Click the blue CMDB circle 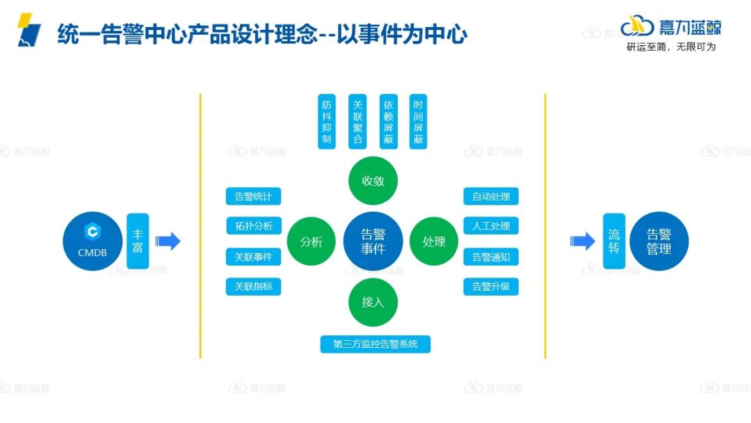pos(92,241)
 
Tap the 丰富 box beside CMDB pos(138,241)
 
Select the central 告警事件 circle pos(373,241)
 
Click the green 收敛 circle pos(373,181)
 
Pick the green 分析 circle pos(312,241)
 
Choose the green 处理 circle pos(434,241)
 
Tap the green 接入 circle pos(373,302)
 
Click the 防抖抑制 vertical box pos(327,121)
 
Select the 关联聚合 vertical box pos(357,121)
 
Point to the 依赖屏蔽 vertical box pos(388,121)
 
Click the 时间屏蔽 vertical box pos(418,121)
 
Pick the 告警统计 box pos(253,196)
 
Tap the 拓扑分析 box pos(253,226)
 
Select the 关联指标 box pos(253,287)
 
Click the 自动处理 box pos(491,196)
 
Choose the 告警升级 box pos(491,287)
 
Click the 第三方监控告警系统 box pos(375,344)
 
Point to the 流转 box pos(613,241)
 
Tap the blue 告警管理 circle pos(659,241)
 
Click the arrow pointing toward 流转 pos(582,241)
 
